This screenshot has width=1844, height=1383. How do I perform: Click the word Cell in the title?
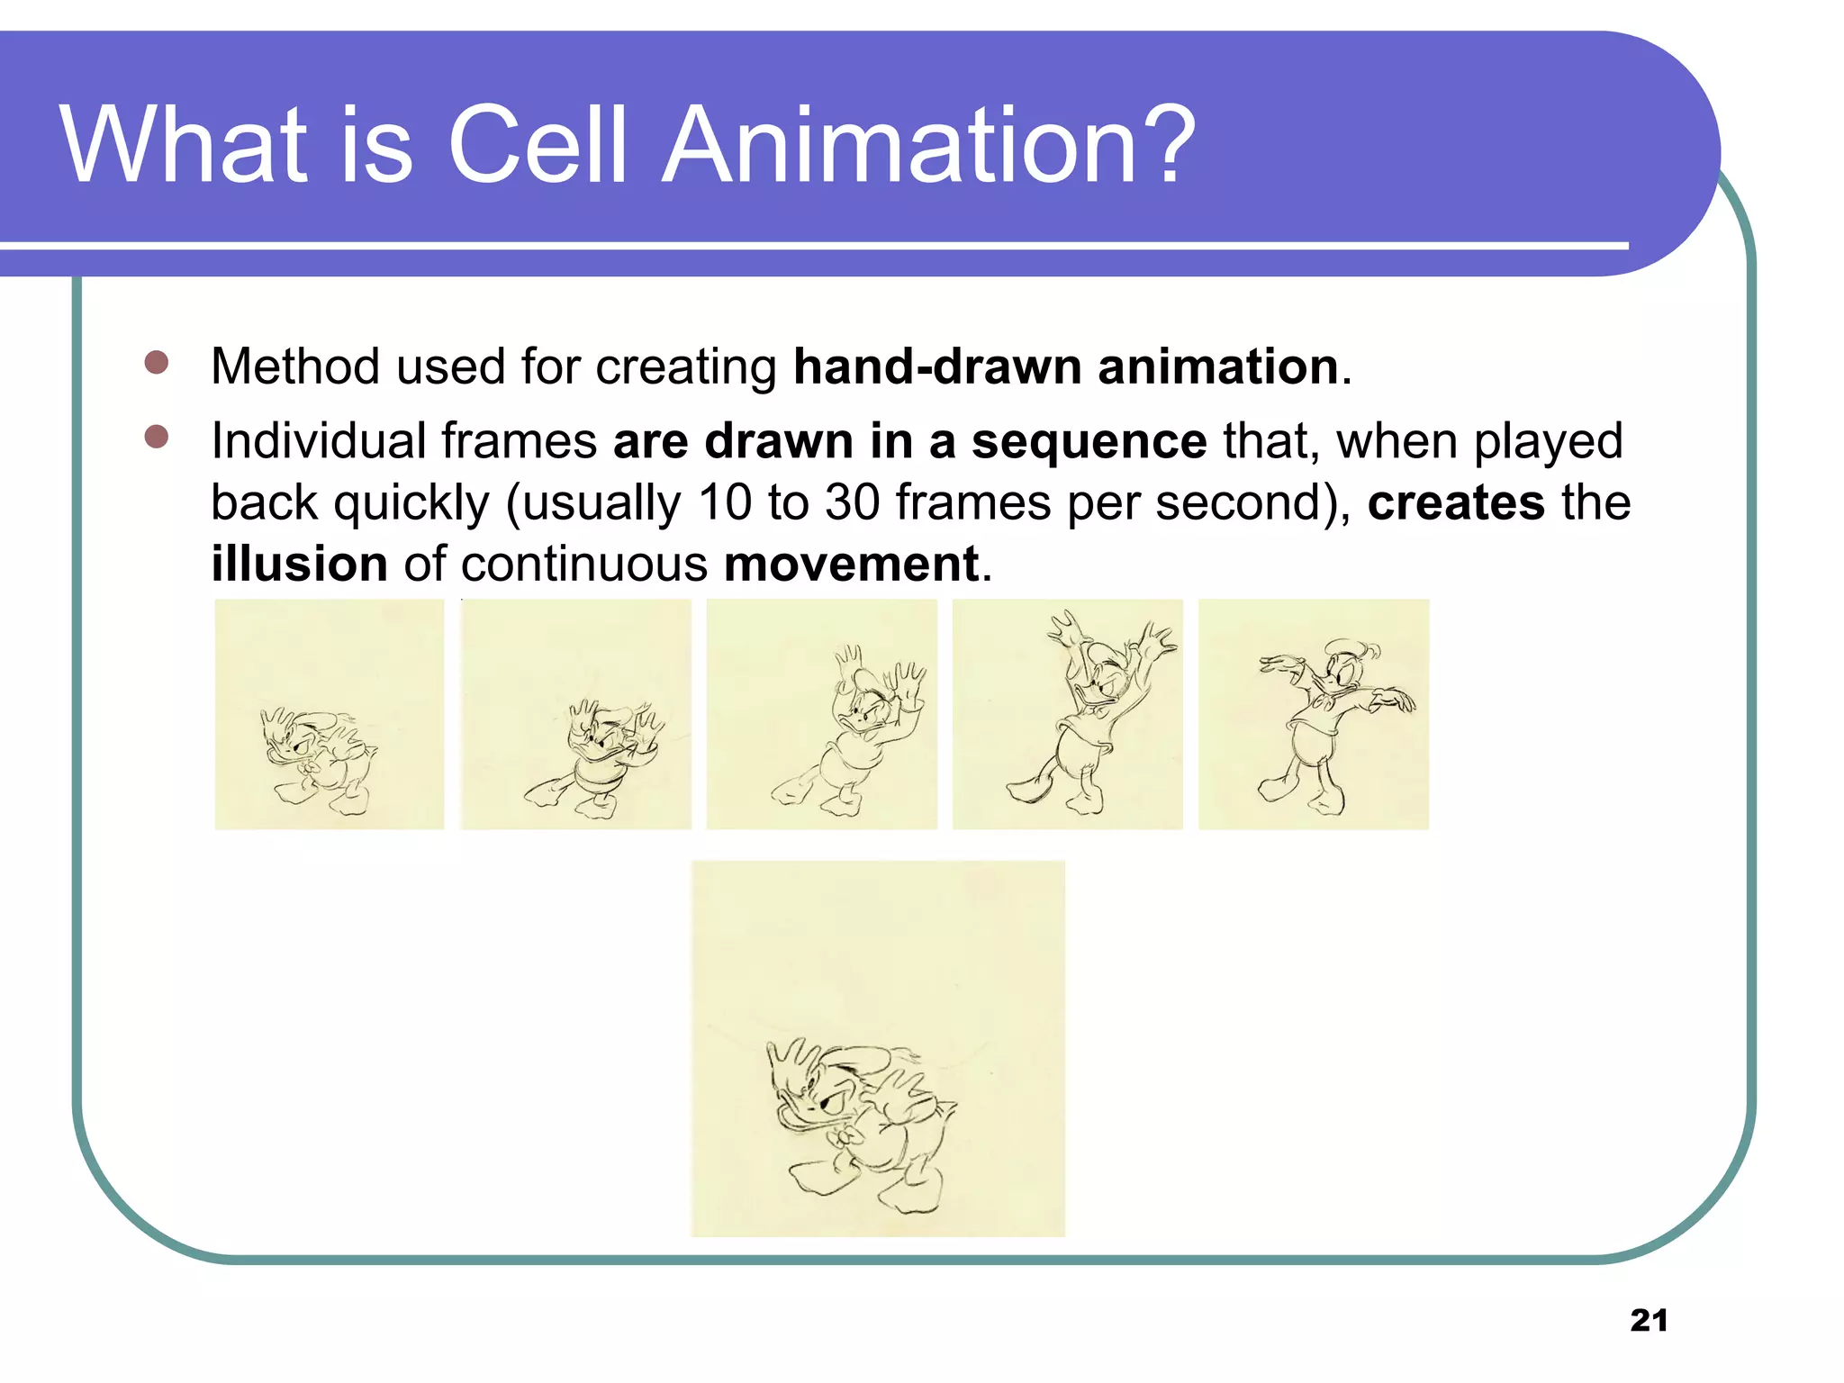click(x=537, y=146)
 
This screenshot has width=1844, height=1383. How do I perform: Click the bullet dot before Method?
click(x=157, y=363)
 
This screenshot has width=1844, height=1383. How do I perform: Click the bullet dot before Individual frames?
click(x=157, y=437)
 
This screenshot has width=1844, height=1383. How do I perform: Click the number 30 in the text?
click(x=852, y=502)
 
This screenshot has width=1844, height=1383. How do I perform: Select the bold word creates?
click(x=1455, y=503)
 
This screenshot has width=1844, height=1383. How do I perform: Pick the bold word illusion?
click(x=299, y=565)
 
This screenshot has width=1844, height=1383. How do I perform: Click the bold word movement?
click(x=851, y=565)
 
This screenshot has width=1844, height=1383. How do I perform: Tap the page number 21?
click(x=1649, y=1320)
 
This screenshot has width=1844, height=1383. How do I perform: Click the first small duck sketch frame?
click(x=330, y=714)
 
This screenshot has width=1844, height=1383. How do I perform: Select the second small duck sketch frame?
click(x=576, y=714)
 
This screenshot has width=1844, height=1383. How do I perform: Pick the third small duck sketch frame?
click(x=822, y=714)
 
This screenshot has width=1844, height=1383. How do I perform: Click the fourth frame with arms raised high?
click(x=1068, y=714)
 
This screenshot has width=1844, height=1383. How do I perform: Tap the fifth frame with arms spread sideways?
click(x=1314, y=714)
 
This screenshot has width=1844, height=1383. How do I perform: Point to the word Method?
click(x=295, y=367)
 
